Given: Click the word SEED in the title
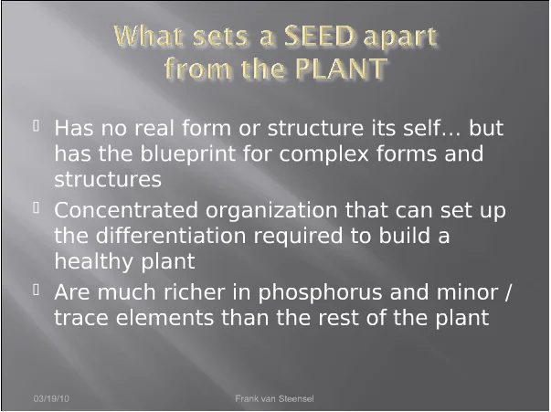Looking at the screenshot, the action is coord(319,37).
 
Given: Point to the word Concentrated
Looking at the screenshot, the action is coord(126,210).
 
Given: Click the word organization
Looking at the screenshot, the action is coord(271,211).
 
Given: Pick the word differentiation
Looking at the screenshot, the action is coord(171,236).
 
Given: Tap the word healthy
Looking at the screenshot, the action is coord(93,261).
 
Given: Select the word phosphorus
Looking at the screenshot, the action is coord(320,292).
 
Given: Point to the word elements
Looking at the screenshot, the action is coord(164,318).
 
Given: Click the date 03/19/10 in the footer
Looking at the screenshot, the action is coord(51,398).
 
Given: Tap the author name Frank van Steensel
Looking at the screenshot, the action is coord(274,398).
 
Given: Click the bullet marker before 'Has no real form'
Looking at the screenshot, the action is coord(36,125).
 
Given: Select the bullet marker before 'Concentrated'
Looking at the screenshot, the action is coord(36,207).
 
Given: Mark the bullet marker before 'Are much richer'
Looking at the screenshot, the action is coord(36,290).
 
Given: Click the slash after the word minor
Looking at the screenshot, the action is coord(507,293).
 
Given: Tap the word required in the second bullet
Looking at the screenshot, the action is coord(298,236).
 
